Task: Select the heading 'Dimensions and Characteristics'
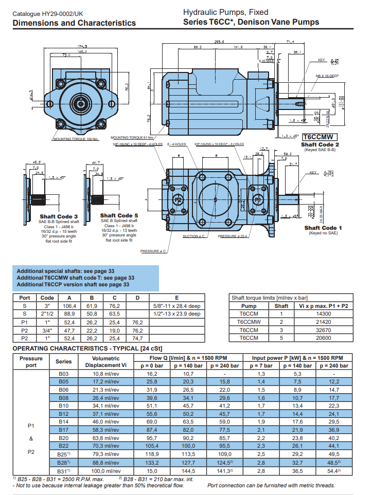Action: point(74,23)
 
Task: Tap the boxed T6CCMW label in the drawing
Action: point(320,137)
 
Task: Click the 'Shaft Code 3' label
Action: point(59,216)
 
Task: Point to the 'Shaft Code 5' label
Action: point(119,215)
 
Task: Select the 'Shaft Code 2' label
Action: point(320,144)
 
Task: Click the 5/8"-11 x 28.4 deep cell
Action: point(176,306)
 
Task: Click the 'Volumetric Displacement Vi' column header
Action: point(105,361)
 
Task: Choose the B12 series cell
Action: point(64,413)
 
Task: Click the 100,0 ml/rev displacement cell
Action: point(105,471)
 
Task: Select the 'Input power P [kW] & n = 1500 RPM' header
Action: point(298,358)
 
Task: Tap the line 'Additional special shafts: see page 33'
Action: point(65,271)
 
